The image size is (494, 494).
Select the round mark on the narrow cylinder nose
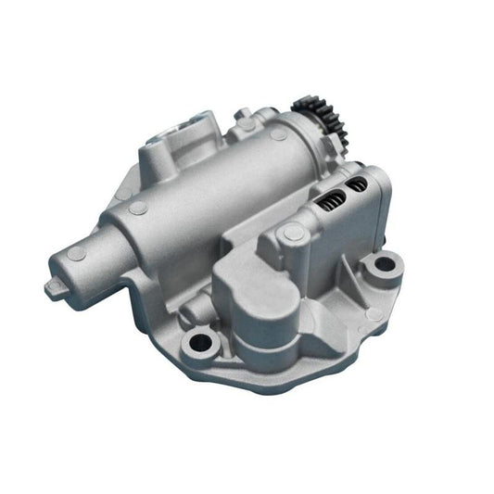(78, 253)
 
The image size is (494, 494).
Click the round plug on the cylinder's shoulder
(137, 209)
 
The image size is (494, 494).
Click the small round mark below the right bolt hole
(374, 313)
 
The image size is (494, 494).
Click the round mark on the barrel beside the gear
(278, 136)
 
